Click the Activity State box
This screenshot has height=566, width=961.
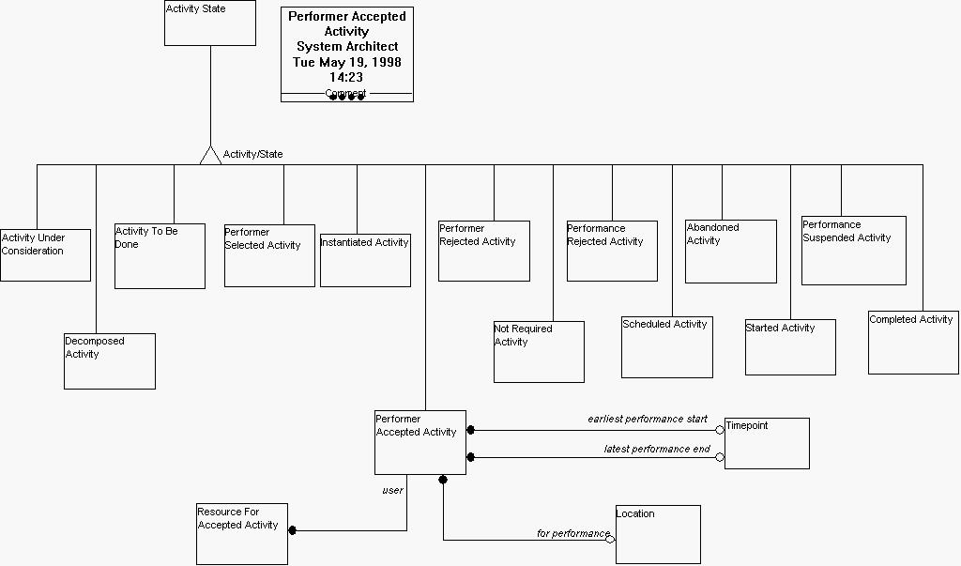point(209,23)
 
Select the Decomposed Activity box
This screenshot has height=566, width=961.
point(109,361)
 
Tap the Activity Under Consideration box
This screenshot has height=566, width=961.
point(45,255)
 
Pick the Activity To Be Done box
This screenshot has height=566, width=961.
point(160,256)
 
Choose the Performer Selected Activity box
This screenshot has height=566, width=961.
point(269,255)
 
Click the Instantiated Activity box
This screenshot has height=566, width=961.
point(365,260)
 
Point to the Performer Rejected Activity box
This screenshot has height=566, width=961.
point(484,251)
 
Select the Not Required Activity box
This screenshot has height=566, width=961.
point(539,352)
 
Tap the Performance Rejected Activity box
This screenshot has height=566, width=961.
point(612,251)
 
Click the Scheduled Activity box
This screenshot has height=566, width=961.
point(666,347)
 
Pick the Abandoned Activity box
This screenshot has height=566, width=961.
point(731,252)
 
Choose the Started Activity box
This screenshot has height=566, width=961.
point(790,347)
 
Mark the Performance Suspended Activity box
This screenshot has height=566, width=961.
point(854,251)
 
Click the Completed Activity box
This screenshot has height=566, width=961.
point(913,343)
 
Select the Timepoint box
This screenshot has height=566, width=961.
point(767,443)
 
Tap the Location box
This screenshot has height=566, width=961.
point(658,534)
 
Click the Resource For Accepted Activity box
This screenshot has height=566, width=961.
point(242,535)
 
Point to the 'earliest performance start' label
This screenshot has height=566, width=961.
point(648,419)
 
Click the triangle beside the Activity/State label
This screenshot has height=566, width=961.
point(210,156)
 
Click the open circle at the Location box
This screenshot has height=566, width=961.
point(610,540)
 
